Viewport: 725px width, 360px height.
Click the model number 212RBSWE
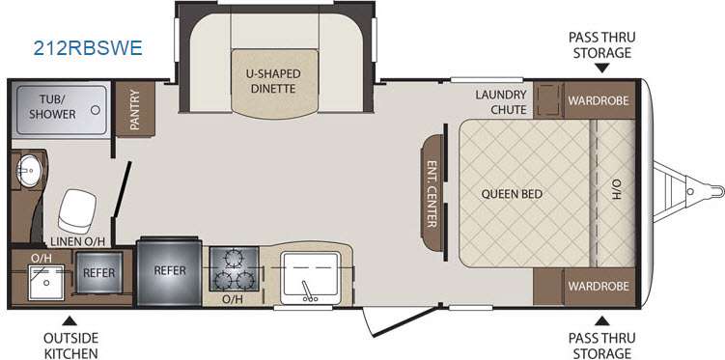point(88,48)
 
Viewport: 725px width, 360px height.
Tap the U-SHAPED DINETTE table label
point(273,81)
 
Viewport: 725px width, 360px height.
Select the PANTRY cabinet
point(135,109)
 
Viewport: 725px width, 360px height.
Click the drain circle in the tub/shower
point(96,110)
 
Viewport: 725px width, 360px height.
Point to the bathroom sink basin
point(30,170)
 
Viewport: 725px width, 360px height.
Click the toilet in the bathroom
point(77,210)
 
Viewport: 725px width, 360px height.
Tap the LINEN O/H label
point(77,240)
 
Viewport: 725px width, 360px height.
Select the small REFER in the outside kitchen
point(98,273)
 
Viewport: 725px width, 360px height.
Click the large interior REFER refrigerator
point(169,271)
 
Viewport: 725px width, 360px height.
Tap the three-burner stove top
point(234,269)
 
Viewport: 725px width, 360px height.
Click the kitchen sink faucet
point(307,291)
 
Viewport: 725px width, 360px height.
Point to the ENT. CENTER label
point(432,194)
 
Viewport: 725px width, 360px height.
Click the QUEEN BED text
point(512,194)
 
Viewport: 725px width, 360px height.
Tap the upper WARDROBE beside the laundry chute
point(599,100)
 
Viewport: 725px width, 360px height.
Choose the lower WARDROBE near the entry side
point(599,286)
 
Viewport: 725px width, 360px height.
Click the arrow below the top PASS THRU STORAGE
point(601,69)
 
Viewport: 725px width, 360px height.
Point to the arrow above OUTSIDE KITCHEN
point(70,320)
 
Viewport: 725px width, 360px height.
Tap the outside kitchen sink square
point(45,283)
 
